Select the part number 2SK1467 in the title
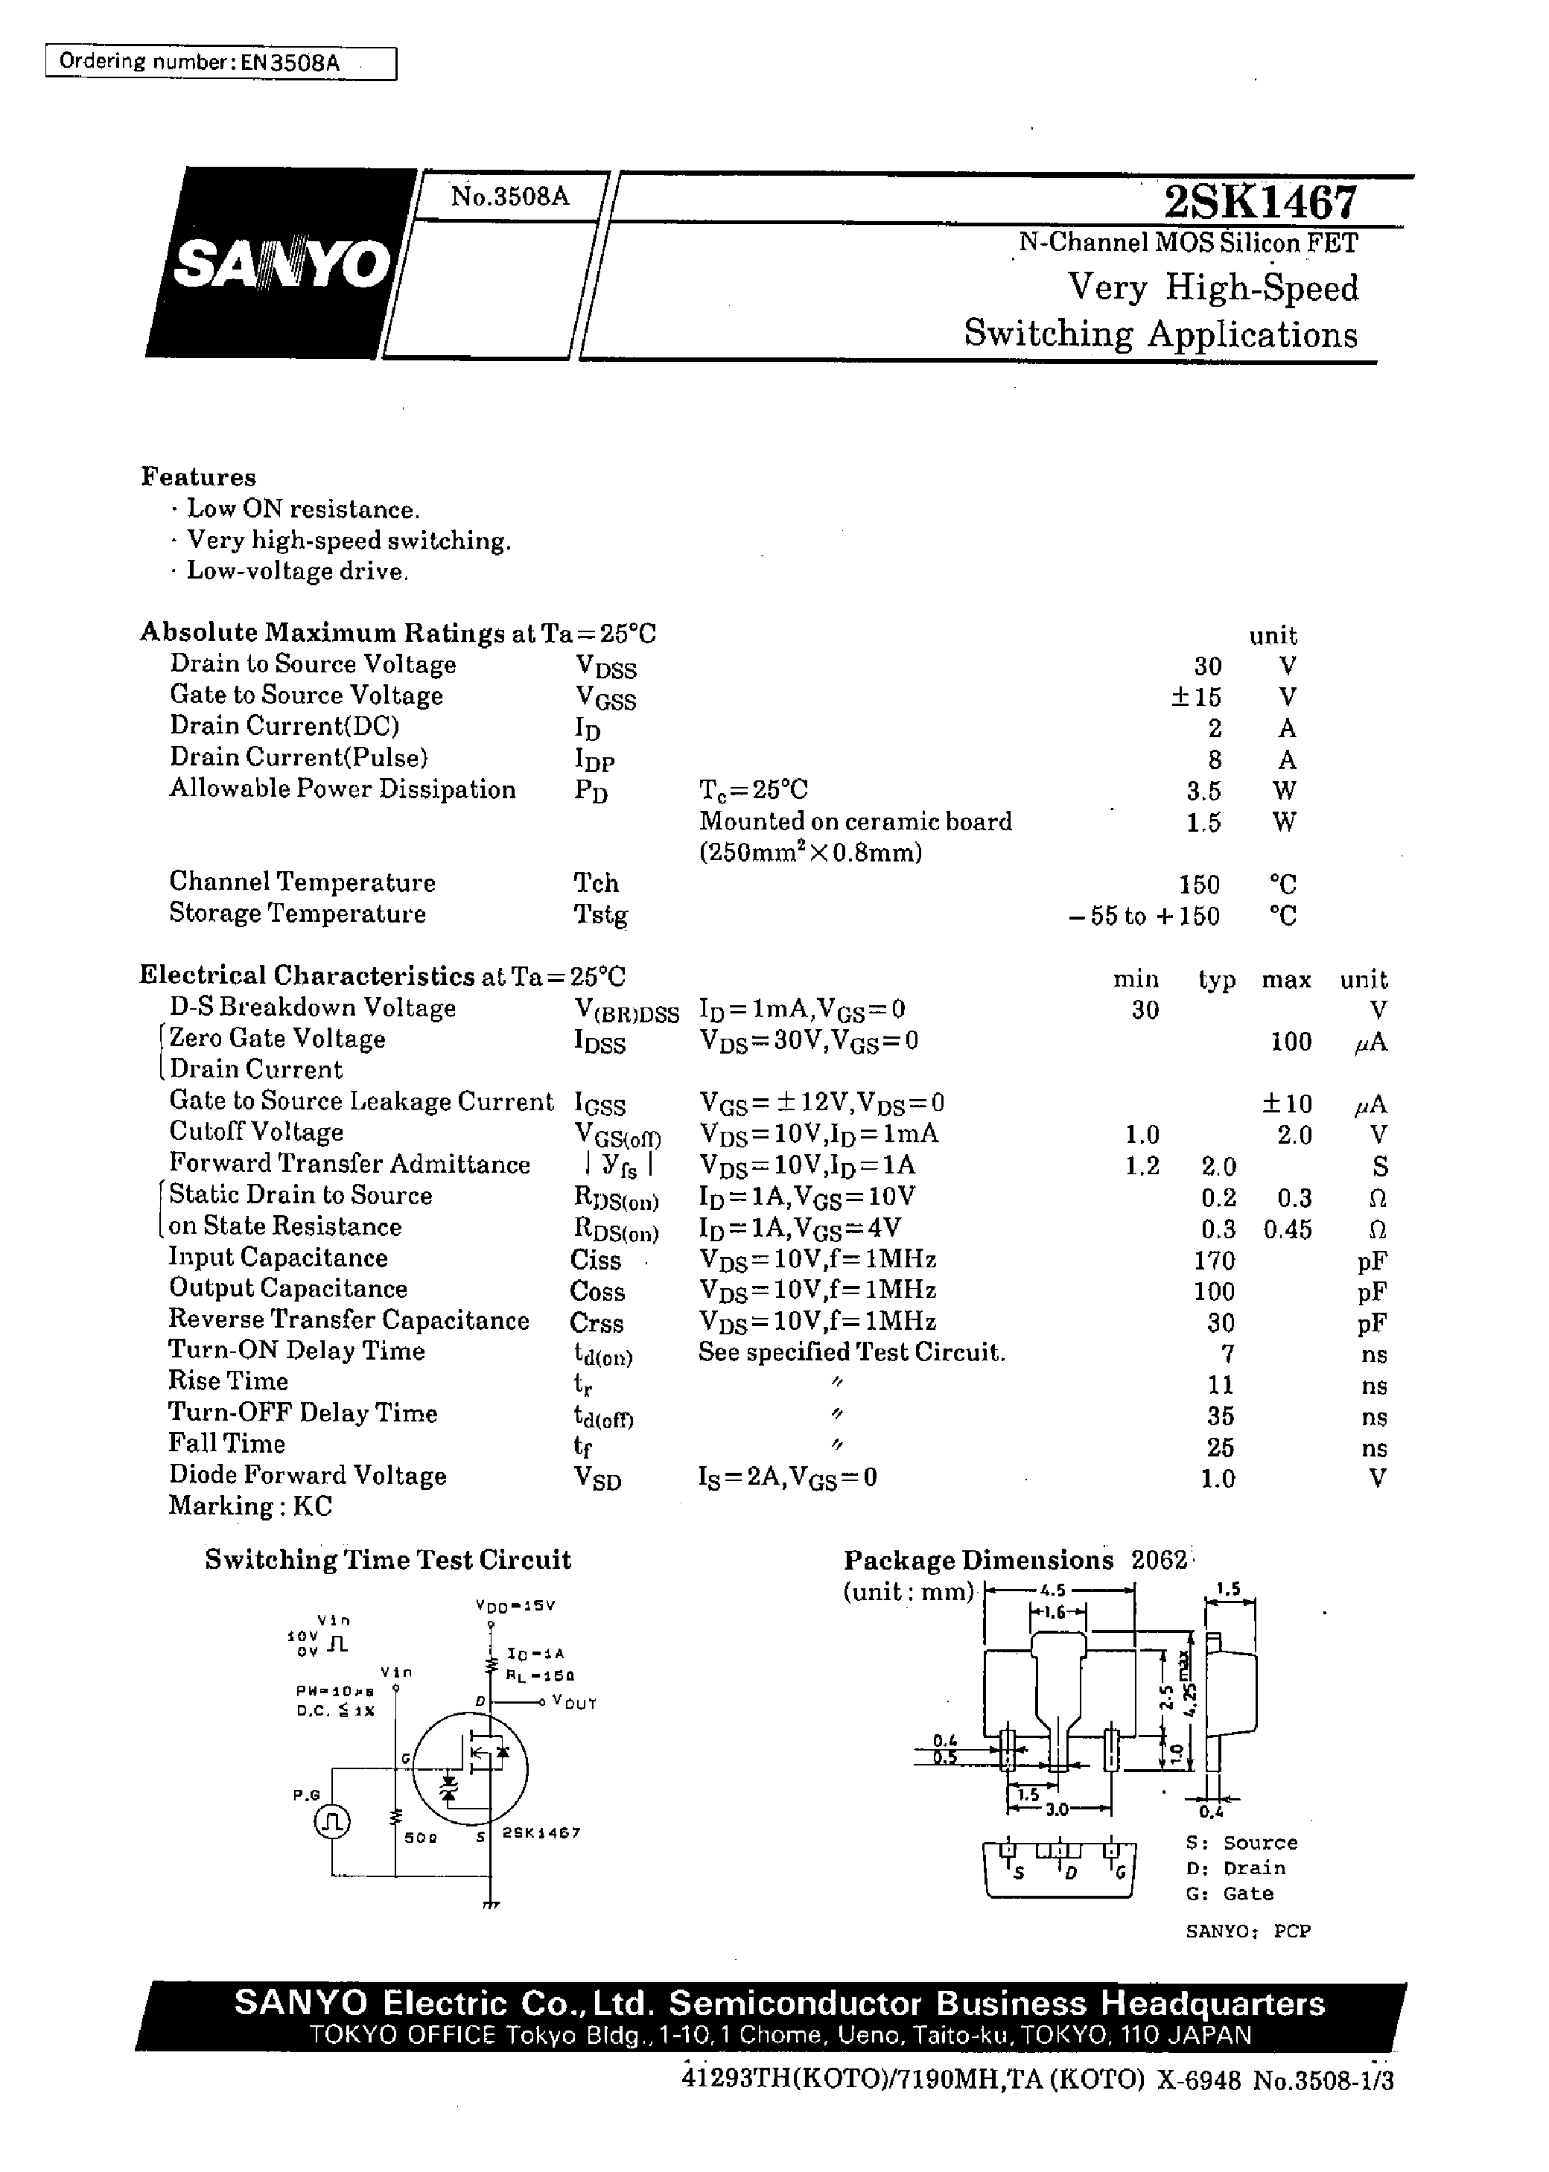tap(1259, 202)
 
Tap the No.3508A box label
tap(510, 197)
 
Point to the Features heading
tap(198, 477)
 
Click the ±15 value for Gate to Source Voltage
tap(1196, 697)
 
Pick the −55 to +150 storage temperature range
tap(1144, 917)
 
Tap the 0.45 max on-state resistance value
tap(1288, 1229)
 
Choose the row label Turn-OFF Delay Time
tap(302, 1413)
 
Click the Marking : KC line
tap(250, 1506)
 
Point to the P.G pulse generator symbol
tap(333, 1822)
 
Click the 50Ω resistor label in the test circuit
tap(421, 1836)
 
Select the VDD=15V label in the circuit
tap(515, 1605)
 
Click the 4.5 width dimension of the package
tap(1053, 1590)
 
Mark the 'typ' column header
tap(1217, 979)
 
